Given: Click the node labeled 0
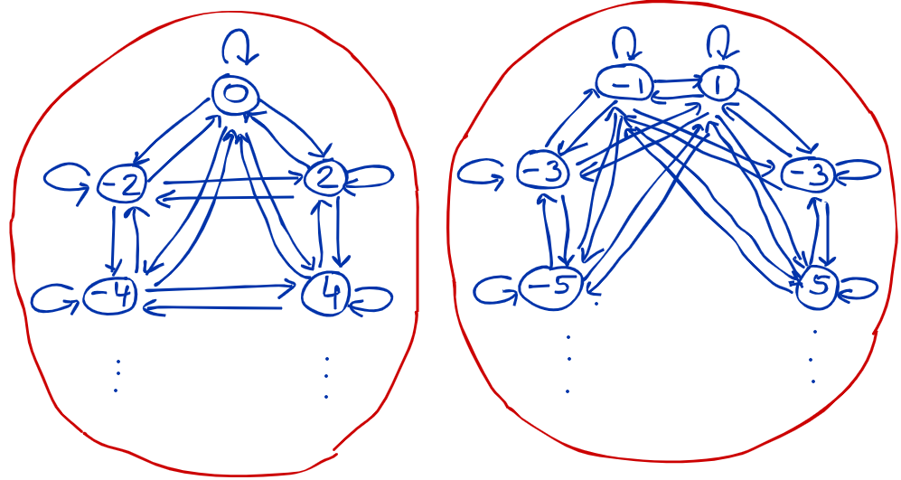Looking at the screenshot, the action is pos(235,94).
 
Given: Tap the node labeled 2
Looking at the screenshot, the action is pos(325,178).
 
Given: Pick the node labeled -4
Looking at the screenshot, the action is pos(109,296).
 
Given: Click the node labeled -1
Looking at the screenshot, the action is pos(624,84).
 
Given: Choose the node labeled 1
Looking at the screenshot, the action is pos(718,84).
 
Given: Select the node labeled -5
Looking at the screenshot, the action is pos(551,288).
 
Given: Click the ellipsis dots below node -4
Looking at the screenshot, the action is pos(117,376).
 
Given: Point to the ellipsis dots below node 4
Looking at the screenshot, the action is pos(326,378).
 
